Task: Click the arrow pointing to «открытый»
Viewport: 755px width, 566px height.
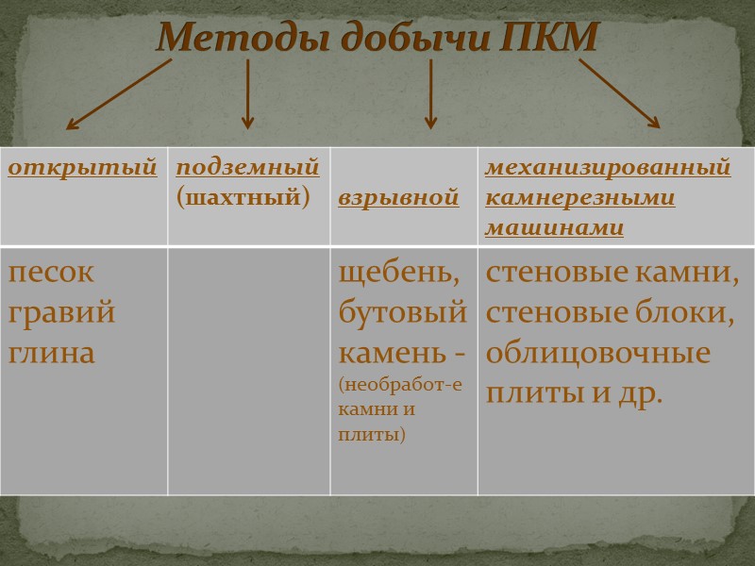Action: click(x=118, y=94)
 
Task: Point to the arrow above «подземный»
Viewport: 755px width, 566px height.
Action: click(x=247, y=94)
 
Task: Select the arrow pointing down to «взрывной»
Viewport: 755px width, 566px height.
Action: click(x=430, y=94)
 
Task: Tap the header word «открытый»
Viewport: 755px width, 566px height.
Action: click(x=83, y=168)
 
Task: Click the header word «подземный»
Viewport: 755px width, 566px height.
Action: click(x=247, y=168)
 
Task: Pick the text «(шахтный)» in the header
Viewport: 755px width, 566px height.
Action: click(x=243, y=198)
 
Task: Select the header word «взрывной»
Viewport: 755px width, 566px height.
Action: click(x=398, y=199)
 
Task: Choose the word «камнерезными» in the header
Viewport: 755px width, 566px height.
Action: click(x=580, y=198)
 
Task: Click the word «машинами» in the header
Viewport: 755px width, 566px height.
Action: click(x=555, y=228)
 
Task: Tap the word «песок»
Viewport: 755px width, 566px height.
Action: click(x=51, y=273)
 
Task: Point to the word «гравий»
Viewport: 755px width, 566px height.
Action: click(x=61, y=312)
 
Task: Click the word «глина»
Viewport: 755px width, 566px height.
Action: click(x=52, y=352)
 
